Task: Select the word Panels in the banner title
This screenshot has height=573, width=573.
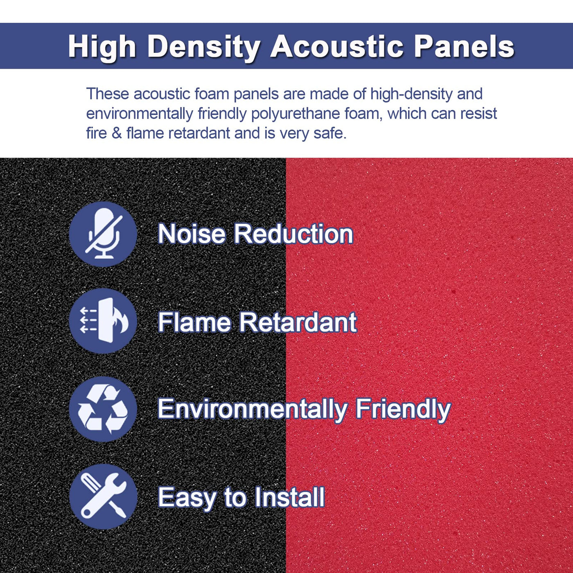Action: coord(464,46)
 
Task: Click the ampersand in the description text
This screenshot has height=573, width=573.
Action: coord(117,133)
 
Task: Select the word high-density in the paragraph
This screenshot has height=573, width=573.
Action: coord(411,95)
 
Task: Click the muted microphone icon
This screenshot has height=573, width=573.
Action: coord(103,234)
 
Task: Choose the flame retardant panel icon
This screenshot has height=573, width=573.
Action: coord(103,321)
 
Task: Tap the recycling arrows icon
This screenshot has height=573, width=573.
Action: coord(103,409)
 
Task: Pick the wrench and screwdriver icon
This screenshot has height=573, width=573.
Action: coord(103,496)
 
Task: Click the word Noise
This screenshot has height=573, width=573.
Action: coord(192,234)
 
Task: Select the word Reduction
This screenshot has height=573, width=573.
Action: coord(293,234)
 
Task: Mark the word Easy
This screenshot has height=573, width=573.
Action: coord(187,499)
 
